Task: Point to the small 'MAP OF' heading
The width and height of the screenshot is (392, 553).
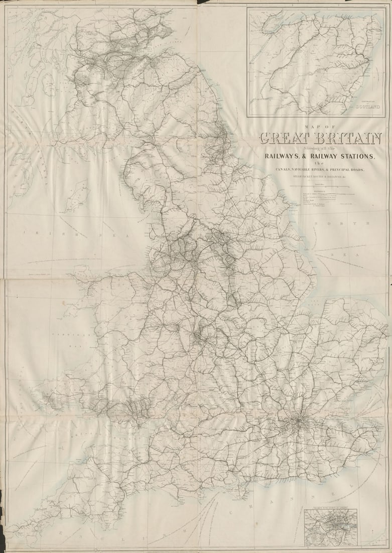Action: click(x=319, y=127)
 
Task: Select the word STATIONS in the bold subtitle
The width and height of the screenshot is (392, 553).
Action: click(x=351, y=156)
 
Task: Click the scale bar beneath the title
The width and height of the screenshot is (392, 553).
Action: click(x=319, y=185)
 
